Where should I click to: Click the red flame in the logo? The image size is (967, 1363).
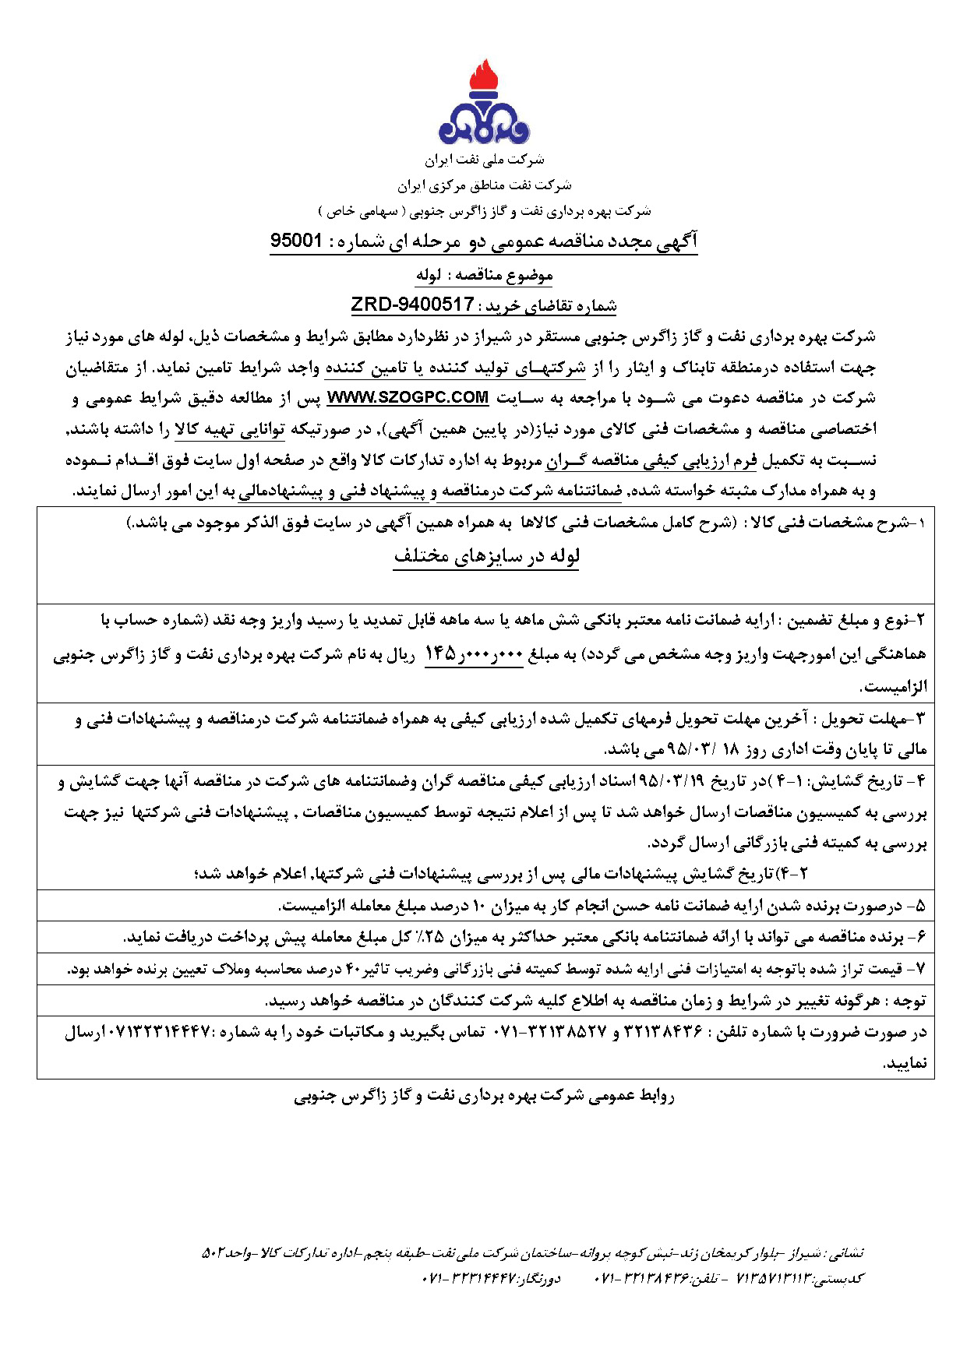pyautogui.click(x=484, y=79)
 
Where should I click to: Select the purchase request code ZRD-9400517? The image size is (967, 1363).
pyautogui.click(x=412, y=304)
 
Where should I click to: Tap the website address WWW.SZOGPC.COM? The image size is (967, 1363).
pyautogui.click(x=408, y=398)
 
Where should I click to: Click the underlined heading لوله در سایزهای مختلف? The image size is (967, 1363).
pyautogui.click(x=486, y=556)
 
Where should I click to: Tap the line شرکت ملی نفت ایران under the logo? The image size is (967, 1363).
pyautogui.click(x=484, y=160)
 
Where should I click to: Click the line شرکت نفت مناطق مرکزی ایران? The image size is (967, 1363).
pyautogui.click(x=484, y=185)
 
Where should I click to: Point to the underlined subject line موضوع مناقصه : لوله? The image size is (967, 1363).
pyautogui.click(x=484, y=275)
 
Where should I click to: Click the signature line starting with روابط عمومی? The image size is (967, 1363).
pyautogui.click(x=484, y=1097)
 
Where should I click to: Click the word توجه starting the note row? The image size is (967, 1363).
pyautogui.click(x=909, y=1001)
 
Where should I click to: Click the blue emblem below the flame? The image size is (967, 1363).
pyautogui.click(x=484, y=125)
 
